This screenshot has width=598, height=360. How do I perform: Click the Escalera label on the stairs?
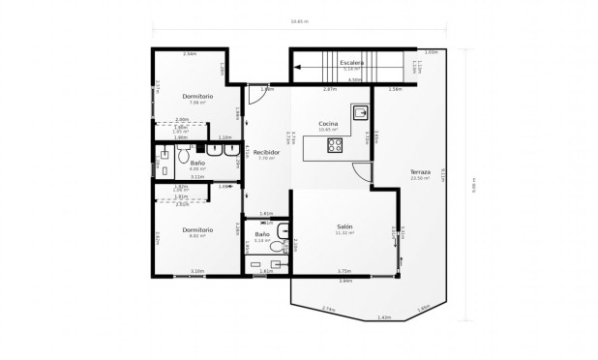coord(351,63)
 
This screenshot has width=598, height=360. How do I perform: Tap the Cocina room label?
coord(328,123)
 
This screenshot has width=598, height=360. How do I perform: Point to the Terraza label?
coord(420,172)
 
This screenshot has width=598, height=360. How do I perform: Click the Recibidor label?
coord(267,152)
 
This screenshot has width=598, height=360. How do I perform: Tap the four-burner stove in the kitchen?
coord(335,146)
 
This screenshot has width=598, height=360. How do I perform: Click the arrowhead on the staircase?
coord(299,68)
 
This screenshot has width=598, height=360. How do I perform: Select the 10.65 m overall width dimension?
coord(299,20)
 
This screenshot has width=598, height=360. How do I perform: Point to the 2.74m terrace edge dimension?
coord(327,310)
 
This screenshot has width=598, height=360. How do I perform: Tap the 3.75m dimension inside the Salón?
coord(344,271)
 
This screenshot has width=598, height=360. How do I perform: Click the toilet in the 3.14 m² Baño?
coord(277,248)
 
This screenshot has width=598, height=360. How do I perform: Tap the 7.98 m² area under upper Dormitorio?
coord(197,103)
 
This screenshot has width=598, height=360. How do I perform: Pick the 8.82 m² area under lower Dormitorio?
coord(197,235)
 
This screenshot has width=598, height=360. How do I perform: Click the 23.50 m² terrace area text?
coord(419,179)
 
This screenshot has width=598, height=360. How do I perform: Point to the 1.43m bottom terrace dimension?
coord(384,316)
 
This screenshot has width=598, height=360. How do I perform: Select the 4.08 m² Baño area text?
coord(197,169)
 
